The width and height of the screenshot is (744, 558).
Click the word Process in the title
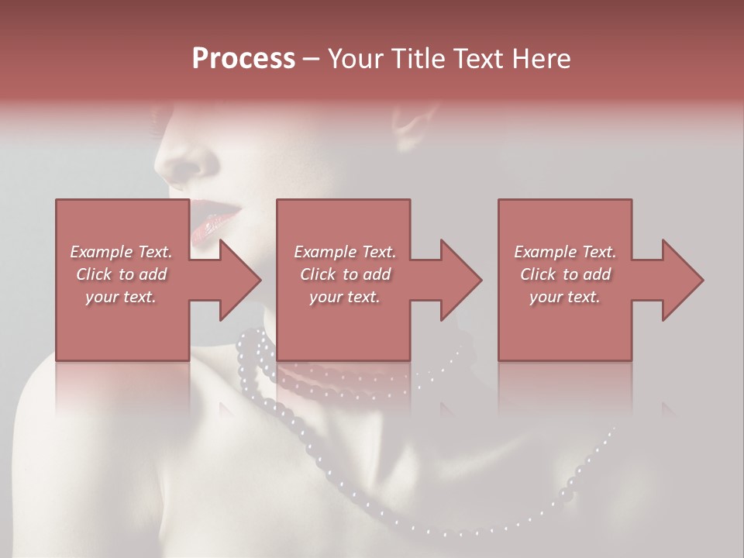point(243,59)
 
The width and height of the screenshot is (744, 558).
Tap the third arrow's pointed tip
point(702,280)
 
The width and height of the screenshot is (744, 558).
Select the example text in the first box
point(121,274)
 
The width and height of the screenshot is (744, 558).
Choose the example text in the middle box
point(344,274)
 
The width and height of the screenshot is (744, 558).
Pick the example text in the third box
point(564,274)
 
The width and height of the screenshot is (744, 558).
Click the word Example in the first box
point(100,252)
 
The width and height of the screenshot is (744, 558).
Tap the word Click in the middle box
point(316,274)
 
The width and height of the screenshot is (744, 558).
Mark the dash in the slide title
point(312,59)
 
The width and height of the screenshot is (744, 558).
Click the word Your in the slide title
point(353,59)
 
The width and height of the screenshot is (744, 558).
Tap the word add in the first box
point(152,274)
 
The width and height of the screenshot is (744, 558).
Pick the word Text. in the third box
point(597,252)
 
